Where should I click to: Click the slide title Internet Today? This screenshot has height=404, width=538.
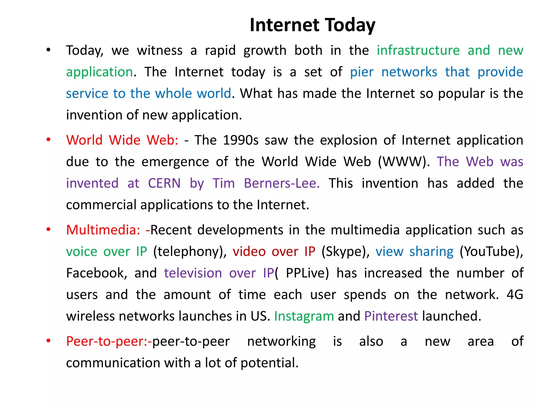[x=312, y=25]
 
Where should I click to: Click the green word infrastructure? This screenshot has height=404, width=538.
[x=418, y=50]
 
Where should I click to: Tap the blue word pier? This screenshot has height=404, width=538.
[x=361, y=72]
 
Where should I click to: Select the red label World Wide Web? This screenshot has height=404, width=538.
[x=122, y=140]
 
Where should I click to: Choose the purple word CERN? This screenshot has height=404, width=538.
[x=164, y=183]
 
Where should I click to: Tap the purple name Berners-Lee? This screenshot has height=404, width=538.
[x=282, y=183]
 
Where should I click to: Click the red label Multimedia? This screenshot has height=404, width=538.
[x=103, y=230]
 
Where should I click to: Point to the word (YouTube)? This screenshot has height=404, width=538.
[x=491, y=251]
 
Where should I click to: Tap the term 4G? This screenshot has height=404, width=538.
[x=515, y=295]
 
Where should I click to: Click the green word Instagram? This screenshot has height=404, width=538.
[x=304, y=316]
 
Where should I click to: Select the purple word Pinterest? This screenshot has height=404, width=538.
[x=391, y=316]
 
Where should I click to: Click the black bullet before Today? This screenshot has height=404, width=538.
[x=48, y=50]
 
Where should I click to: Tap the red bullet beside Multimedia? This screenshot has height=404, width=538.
[x=48, y=229]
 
